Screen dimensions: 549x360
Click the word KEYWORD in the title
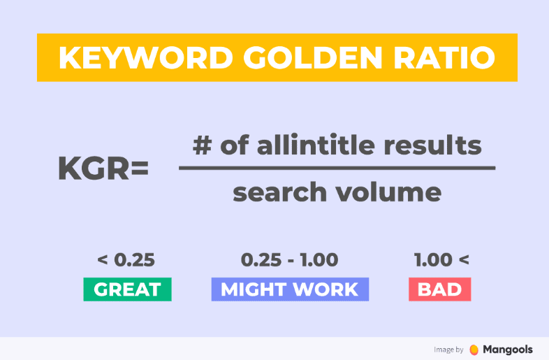point(146,57)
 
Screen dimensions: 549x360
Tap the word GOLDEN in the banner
point(313,57)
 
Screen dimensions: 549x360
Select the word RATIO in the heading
point(444,57)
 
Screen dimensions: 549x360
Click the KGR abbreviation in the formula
point(94,168)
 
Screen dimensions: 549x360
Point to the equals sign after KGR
point(140,169)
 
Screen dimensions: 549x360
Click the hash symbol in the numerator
point(203,145)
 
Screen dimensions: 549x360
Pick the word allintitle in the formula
point(316,145)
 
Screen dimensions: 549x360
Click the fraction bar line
point(337,168)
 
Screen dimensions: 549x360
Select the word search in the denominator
point(279,192)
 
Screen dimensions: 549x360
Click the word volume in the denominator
point(388,192)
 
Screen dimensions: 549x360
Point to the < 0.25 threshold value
point(126,260)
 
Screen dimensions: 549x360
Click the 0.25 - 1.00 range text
point(290,260)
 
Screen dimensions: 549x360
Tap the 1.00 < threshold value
point(441,260)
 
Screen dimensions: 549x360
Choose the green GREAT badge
point(127,289)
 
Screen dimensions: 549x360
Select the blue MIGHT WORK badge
point(290,289)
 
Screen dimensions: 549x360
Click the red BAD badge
point(440,289)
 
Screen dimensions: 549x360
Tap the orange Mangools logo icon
point(474,350)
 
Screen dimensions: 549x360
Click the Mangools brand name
point(508,350)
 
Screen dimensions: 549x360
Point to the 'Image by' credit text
point(448,350)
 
